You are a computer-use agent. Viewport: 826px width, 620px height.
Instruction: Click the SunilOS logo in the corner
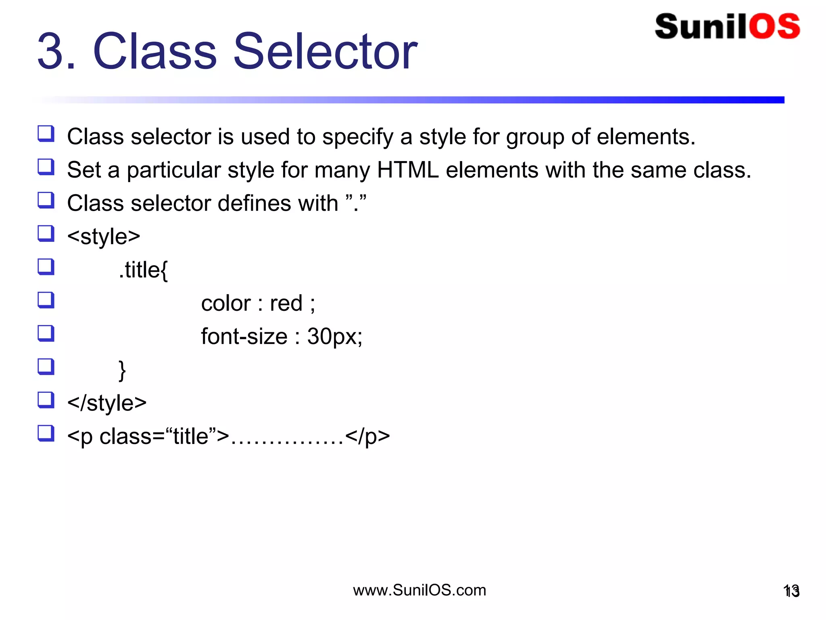coord(727,27)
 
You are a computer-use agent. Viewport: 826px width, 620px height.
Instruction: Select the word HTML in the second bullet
coord(408,170)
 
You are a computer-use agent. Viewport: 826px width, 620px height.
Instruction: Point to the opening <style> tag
coord(104,237)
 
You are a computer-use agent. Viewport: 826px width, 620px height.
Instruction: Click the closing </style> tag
coord(107,403)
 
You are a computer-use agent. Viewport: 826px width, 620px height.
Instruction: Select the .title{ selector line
coord(143,270)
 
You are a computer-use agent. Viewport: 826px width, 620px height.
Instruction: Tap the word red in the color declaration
coord(286,304)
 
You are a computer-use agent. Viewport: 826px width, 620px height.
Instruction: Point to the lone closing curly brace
coord(122,371)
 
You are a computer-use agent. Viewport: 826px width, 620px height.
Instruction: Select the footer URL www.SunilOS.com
coord(419,590)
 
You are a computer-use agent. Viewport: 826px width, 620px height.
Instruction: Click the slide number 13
coord(791,591)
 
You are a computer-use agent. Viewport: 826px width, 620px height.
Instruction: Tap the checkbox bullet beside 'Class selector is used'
coord(46,134)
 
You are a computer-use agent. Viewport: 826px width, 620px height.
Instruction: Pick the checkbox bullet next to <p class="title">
coord(46,434)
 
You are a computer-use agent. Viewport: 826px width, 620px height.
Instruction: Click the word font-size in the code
coord(244,337)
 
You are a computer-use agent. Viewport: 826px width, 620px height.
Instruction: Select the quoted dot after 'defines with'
coord(356,203)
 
